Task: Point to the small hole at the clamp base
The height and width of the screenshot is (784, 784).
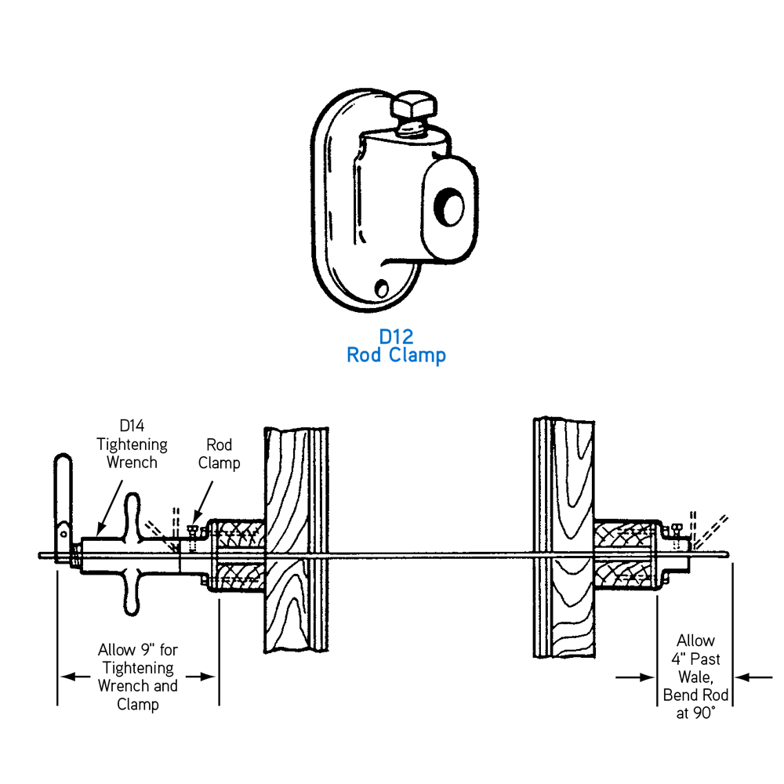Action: pos(383,288)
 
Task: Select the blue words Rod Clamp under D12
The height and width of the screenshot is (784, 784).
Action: pos(396,355)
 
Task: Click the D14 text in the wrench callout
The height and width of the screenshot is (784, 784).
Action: pos(132,426)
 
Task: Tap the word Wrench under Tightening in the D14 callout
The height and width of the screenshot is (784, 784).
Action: pos(132,463)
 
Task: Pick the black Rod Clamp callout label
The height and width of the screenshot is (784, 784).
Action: pos(219,453)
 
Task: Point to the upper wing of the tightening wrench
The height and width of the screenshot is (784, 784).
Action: pos(132,514)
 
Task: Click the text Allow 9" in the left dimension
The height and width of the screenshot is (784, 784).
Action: pos(125,650)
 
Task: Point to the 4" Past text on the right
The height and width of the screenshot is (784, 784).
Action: pos(696,659)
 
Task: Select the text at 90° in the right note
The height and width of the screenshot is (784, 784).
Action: pos(696,713)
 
